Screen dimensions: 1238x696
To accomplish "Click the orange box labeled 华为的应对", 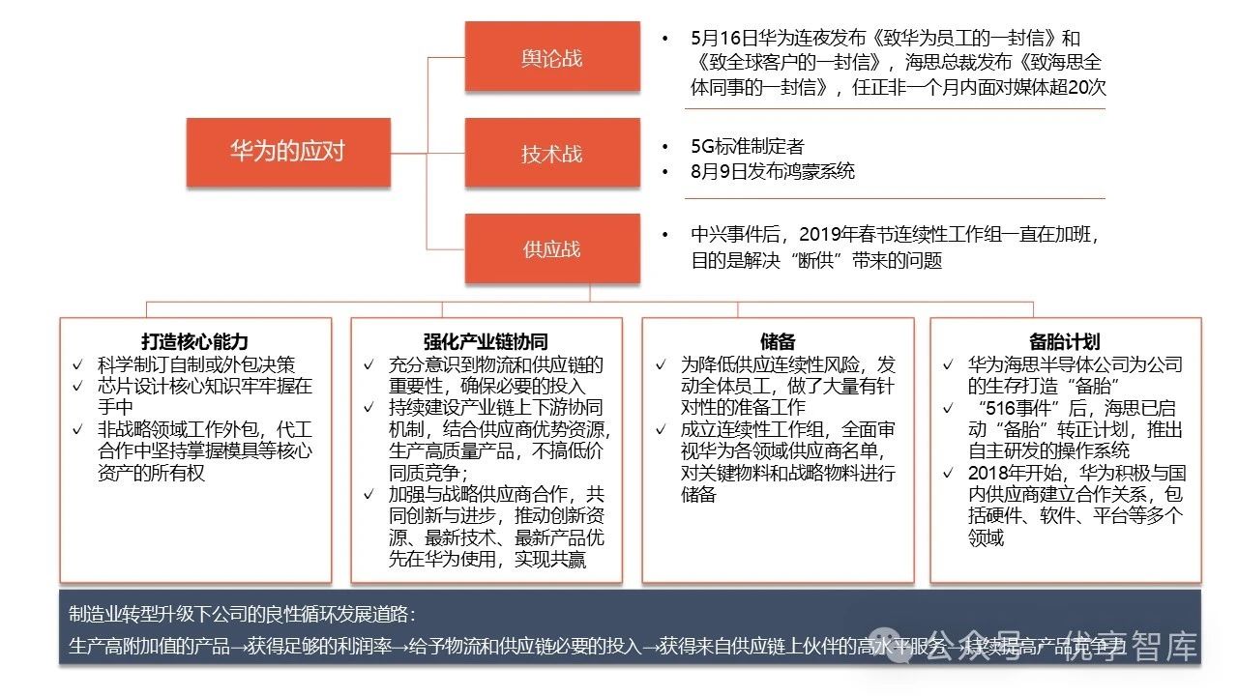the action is [288, 152].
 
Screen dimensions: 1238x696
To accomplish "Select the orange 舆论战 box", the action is [551, 57].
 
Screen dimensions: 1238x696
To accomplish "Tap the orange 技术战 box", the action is [551, 153].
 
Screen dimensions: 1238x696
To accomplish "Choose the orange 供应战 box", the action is [551, 248].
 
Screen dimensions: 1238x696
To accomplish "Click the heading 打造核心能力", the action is [194, 341].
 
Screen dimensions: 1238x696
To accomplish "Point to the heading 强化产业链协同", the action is [486, 341].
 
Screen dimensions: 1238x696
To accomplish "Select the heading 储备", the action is [778, 341].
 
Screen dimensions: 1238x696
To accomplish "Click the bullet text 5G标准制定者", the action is [748, 147].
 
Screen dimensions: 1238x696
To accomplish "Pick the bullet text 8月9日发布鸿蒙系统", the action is [773, 172].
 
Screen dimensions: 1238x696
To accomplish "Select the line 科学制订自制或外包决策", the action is [196, 364].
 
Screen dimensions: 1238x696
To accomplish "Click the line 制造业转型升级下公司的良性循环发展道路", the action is [242, 615].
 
